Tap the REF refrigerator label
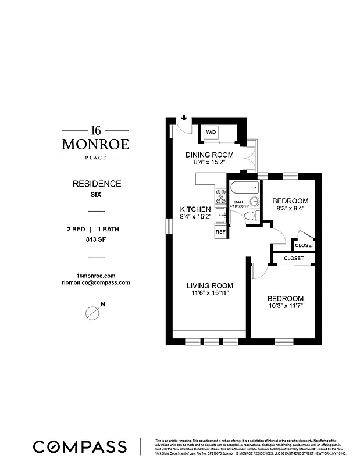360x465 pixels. tap(220, 232)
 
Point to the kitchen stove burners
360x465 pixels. tap(220, 196)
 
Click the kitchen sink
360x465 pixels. tap(220, 216)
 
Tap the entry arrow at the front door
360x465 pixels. tap(184, 119)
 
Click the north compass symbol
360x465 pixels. tap(92, 312)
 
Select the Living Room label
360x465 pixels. tap(209, 285)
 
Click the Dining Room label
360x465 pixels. tap(209, 155)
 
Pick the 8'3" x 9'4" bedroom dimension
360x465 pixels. tap(290, 208)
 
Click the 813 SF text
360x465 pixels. tap(96, 239)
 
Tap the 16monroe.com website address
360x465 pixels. tap(96, 275)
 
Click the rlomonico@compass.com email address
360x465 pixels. tap(96, 282)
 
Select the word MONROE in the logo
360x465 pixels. tap(96, 144)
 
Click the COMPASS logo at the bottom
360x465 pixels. tap(80, 447)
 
